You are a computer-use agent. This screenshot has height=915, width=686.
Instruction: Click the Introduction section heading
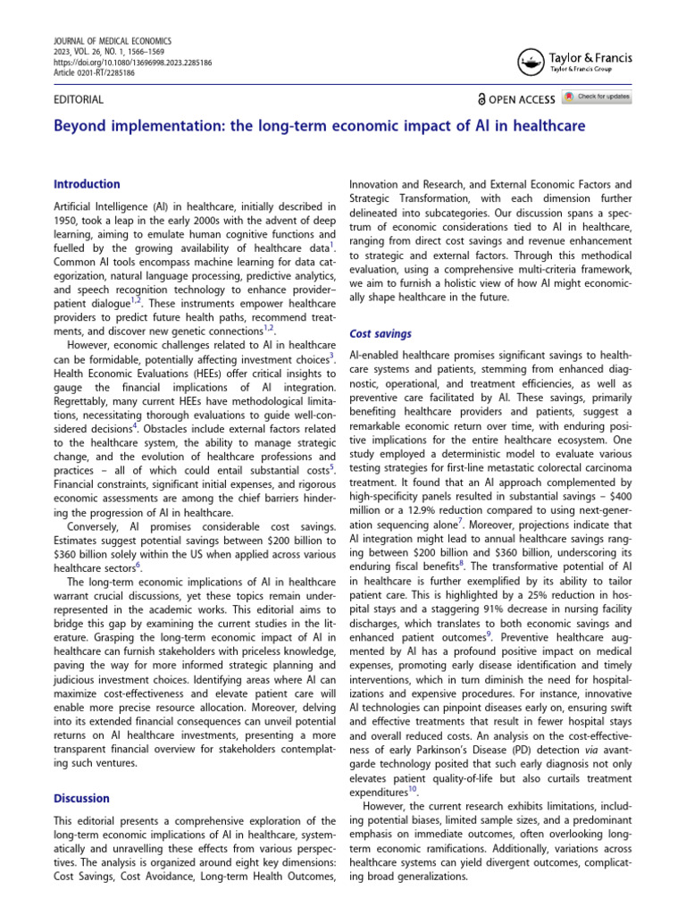tap(88, 184)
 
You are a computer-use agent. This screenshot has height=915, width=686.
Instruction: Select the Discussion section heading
tap(82, 798)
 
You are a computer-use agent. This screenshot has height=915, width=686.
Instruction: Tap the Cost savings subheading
tap(381, 333)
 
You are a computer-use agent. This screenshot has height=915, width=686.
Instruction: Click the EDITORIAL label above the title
tap(79, 100)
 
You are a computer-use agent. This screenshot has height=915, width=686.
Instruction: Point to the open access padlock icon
tap(481, 100)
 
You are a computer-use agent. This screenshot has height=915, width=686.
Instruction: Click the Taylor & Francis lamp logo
tap(527, 63)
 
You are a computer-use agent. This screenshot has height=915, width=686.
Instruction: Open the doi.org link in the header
tap(133, 63)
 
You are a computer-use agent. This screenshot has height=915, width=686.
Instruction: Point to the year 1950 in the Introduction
tap(70, 220)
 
